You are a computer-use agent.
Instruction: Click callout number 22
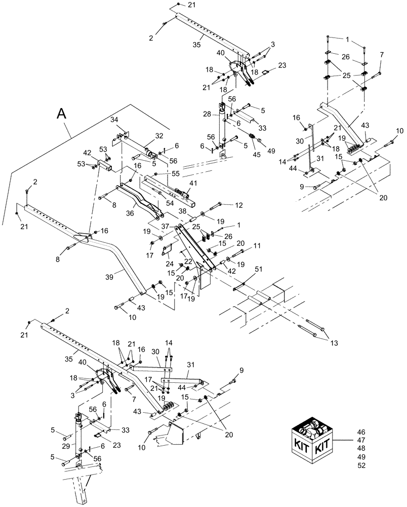point(188,261)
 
